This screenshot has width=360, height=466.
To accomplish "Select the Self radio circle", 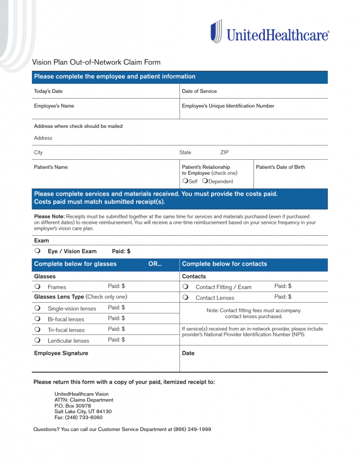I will [185, 181].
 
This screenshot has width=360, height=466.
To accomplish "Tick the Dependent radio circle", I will [205, 181].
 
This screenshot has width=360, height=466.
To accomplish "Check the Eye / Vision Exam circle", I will [37, 251].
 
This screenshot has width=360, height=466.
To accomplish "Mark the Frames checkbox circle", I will [37, 287].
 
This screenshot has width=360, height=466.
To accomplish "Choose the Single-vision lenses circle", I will [37, 308].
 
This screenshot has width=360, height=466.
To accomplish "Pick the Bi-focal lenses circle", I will [37, 319].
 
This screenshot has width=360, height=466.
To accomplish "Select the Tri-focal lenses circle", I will [37, 329].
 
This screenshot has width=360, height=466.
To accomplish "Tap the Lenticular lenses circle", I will [37, 340].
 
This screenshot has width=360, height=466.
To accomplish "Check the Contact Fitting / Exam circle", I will [185, 287].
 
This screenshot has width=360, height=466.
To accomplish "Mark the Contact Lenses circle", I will [185, 297].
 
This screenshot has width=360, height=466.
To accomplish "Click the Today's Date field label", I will [48, 91].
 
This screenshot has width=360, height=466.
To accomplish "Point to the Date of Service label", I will [199, 91].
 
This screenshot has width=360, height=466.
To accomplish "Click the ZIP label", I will [224, 152].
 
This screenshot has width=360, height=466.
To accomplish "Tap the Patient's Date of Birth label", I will [280, 167].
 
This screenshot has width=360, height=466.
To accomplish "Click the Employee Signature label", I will [61, 353].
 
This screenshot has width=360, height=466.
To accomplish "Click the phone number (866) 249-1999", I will [192, 429].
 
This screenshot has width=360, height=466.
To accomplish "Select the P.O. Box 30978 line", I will [72, 405].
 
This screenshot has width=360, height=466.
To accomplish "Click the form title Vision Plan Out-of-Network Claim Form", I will [96, 62].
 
